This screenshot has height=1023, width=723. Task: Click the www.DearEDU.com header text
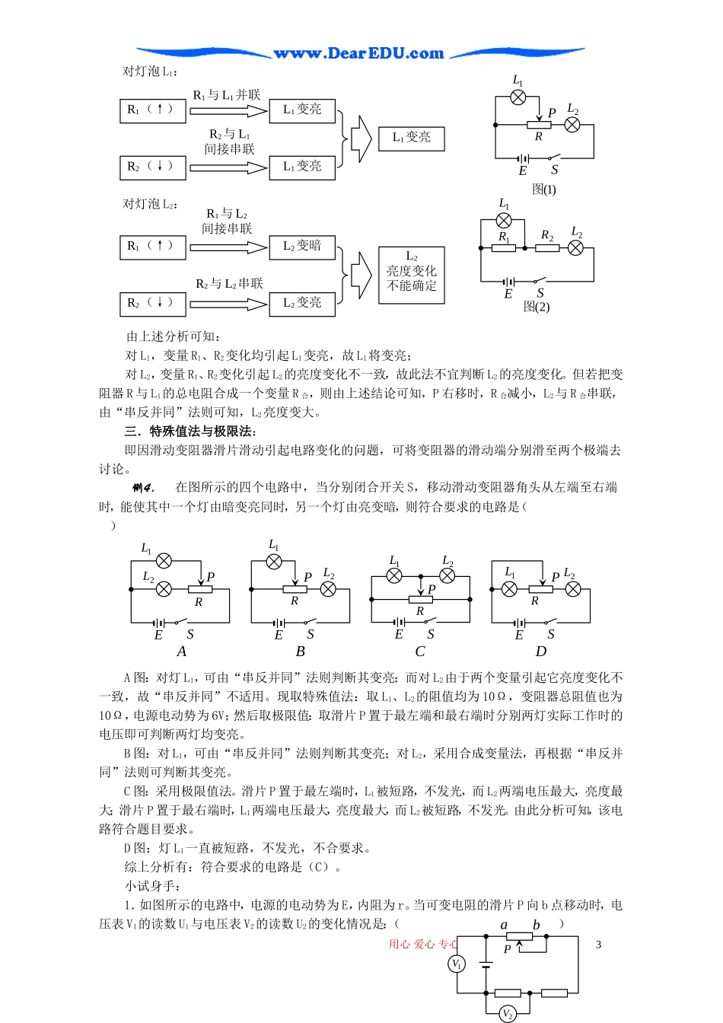point(358,53)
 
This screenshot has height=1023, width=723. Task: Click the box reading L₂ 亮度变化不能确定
point(411,275)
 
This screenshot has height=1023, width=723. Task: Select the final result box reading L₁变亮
point(411,138)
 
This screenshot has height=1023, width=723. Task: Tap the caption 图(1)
point(543,190)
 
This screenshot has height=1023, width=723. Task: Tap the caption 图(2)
point(537,307)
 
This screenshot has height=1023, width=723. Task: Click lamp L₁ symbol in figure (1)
point(518,97)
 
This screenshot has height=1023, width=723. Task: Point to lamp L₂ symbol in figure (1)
point(572,125)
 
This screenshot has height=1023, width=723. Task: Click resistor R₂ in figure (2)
point(547,247)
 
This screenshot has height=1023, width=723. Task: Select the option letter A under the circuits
point(181,652)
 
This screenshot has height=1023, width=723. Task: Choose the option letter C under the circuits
point(419,652)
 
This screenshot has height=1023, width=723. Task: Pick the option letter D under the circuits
point(541,652)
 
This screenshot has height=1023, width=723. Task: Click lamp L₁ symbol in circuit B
point(274,562)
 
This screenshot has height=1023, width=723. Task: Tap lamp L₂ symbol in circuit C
point(447,576)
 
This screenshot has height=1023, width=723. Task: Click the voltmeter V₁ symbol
point(457,964)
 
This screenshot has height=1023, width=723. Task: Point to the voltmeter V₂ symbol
point(508,1014)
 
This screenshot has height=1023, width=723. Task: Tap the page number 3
point(598,945)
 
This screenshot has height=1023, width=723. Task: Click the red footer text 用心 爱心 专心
point(423,945)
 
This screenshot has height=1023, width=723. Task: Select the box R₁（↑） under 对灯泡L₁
point(153,110)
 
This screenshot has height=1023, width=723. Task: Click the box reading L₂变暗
point(302,247)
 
